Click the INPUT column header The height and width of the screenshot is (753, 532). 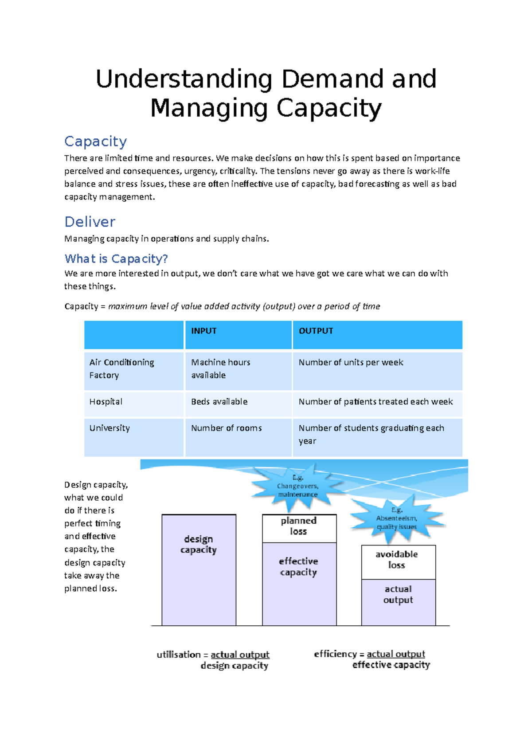[x=204, y=331]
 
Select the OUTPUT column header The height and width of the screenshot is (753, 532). [x=316, y=331]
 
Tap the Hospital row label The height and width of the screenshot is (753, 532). [x=106, y=402]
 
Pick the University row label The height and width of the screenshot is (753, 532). [x=110, y=428]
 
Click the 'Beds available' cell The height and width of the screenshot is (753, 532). [x=219, y=402]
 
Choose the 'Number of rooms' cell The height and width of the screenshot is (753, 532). [x=227, y=428]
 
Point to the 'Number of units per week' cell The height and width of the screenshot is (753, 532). [x=351, y=362]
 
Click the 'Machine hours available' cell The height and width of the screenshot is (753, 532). [x=221, y=369]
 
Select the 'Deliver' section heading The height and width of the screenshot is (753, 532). [x=90, y=222]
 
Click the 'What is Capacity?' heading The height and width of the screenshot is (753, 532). [x=116, y=259]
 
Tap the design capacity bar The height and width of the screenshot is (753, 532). [x=199, y=570]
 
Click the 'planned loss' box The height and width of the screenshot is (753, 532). [x=299, y=526]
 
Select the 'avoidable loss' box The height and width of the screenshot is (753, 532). [x=397, y=560]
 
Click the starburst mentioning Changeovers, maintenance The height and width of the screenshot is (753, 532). [x=297, y=486]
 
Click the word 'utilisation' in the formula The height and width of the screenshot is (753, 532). [x=179, y=655]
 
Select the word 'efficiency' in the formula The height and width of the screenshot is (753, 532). [x=335, y=654]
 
